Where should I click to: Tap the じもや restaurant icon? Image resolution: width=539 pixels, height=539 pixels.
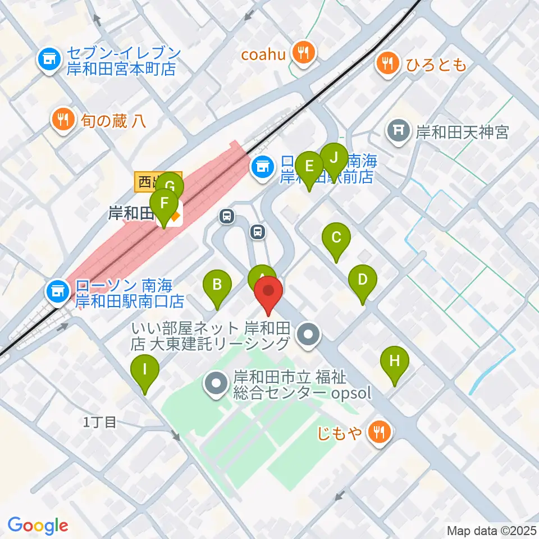click(379, 432)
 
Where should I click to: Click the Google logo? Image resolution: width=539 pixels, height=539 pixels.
click(38, 526)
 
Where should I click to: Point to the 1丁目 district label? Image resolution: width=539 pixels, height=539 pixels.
click(99, 422)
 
